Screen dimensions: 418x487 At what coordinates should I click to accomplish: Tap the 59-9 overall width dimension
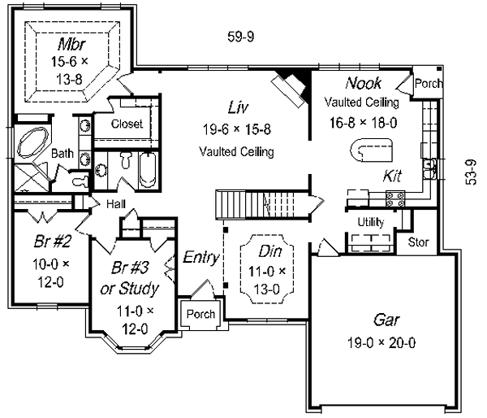tap(241, 36)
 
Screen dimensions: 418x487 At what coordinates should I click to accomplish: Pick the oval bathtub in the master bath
tap(32, 145)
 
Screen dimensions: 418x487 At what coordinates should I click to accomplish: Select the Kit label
tap(394, 177)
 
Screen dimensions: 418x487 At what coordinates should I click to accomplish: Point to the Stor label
tap(418, 242)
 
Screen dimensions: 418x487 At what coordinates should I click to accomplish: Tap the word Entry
tap(200, 258)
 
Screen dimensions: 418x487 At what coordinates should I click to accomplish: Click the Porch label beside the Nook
tap(429, 83)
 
